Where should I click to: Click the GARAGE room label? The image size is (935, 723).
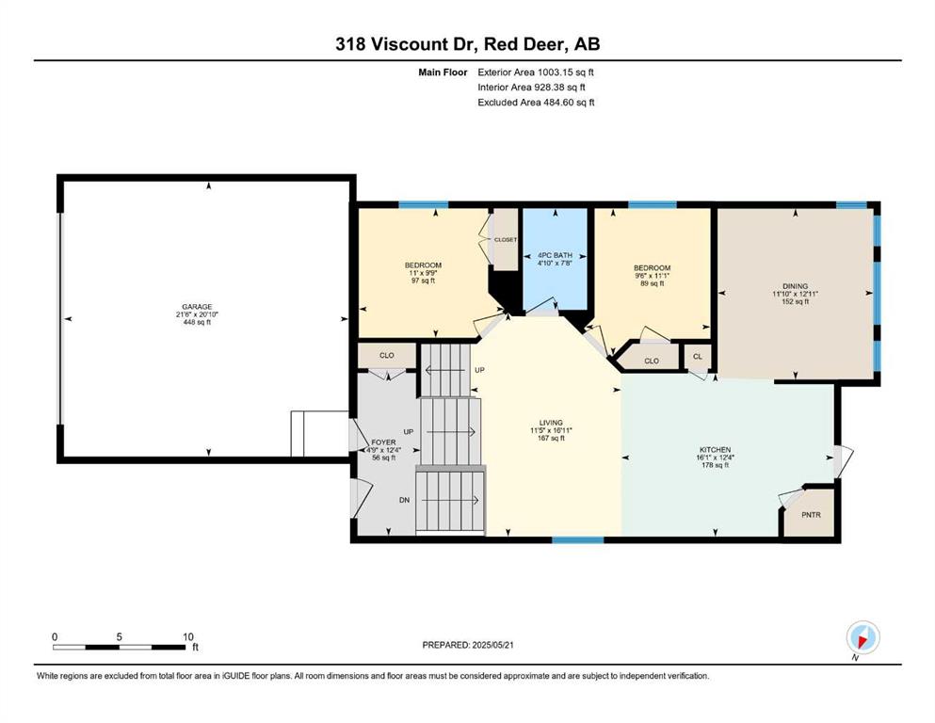[197, 307]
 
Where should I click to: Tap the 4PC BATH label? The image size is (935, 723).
[555, 255]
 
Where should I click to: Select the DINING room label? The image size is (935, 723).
[795, 286]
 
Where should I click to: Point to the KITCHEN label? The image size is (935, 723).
[715, 450]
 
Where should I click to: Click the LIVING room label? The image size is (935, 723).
[551, 423]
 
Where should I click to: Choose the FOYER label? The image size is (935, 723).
[383, 442]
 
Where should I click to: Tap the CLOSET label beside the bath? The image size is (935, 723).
[506, 240]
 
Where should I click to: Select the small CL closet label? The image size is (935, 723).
[698, 357]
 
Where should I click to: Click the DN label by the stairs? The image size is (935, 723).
[404, 500]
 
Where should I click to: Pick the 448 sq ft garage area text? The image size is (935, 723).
[197, 323]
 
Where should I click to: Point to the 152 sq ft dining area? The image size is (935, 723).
[795, 301]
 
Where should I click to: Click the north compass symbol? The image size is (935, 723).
[862, 638]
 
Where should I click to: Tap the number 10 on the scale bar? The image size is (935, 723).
[187, 636]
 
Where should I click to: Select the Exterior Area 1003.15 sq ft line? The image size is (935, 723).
[536, 72]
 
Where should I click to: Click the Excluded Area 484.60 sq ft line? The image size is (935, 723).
[536, 102]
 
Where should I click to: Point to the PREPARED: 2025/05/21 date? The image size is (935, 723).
[467, 645]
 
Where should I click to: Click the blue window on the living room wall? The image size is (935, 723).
[577, 540]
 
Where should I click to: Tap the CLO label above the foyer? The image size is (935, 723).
[386, 355]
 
